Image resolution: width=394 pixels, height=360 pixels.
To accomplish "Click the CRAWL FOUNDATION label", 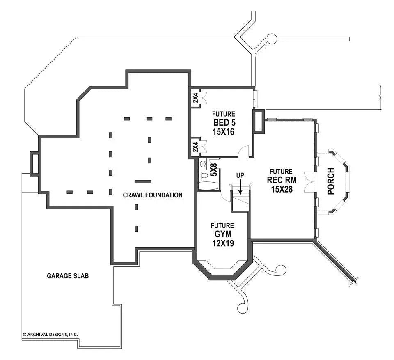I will pos(153,195).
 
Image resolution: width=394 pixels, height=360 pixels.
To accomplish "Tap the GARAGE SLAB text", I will pos(68,276).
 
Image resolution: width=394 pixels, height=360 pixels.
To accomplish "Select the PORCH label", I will pos(331,181).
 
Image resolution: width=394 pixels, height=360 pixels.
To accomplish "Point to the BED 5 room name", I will pos(224,123).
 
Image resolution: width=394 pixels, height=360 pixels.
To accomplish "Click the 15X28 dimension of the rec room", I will pos(281,189).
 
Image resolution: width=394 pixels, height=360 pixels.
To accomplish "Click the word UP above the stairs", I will pos(240,175).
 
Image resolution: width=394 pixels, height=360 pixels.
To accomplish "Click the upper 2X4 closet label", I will pos(195,98).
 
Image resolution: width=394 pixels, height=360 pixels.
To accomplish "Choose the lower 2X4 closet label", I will pos(195,146).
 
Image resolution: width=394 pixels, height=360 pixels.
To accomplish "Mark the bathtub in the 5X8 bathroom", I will pos(209,187).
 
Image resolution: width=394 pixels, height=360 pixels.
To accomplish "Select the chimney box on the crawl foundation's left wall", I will pos(34,163).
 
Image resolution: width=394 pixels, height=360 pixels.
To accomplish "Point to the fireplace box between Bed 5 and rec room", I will pos(259,121).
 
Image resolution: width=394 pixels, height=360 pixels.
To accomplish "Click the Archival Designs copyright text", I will pos(50,335).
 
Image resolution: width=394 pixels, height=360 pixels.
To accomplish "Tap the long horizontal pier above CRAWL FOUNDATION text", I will pos(143,181).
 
